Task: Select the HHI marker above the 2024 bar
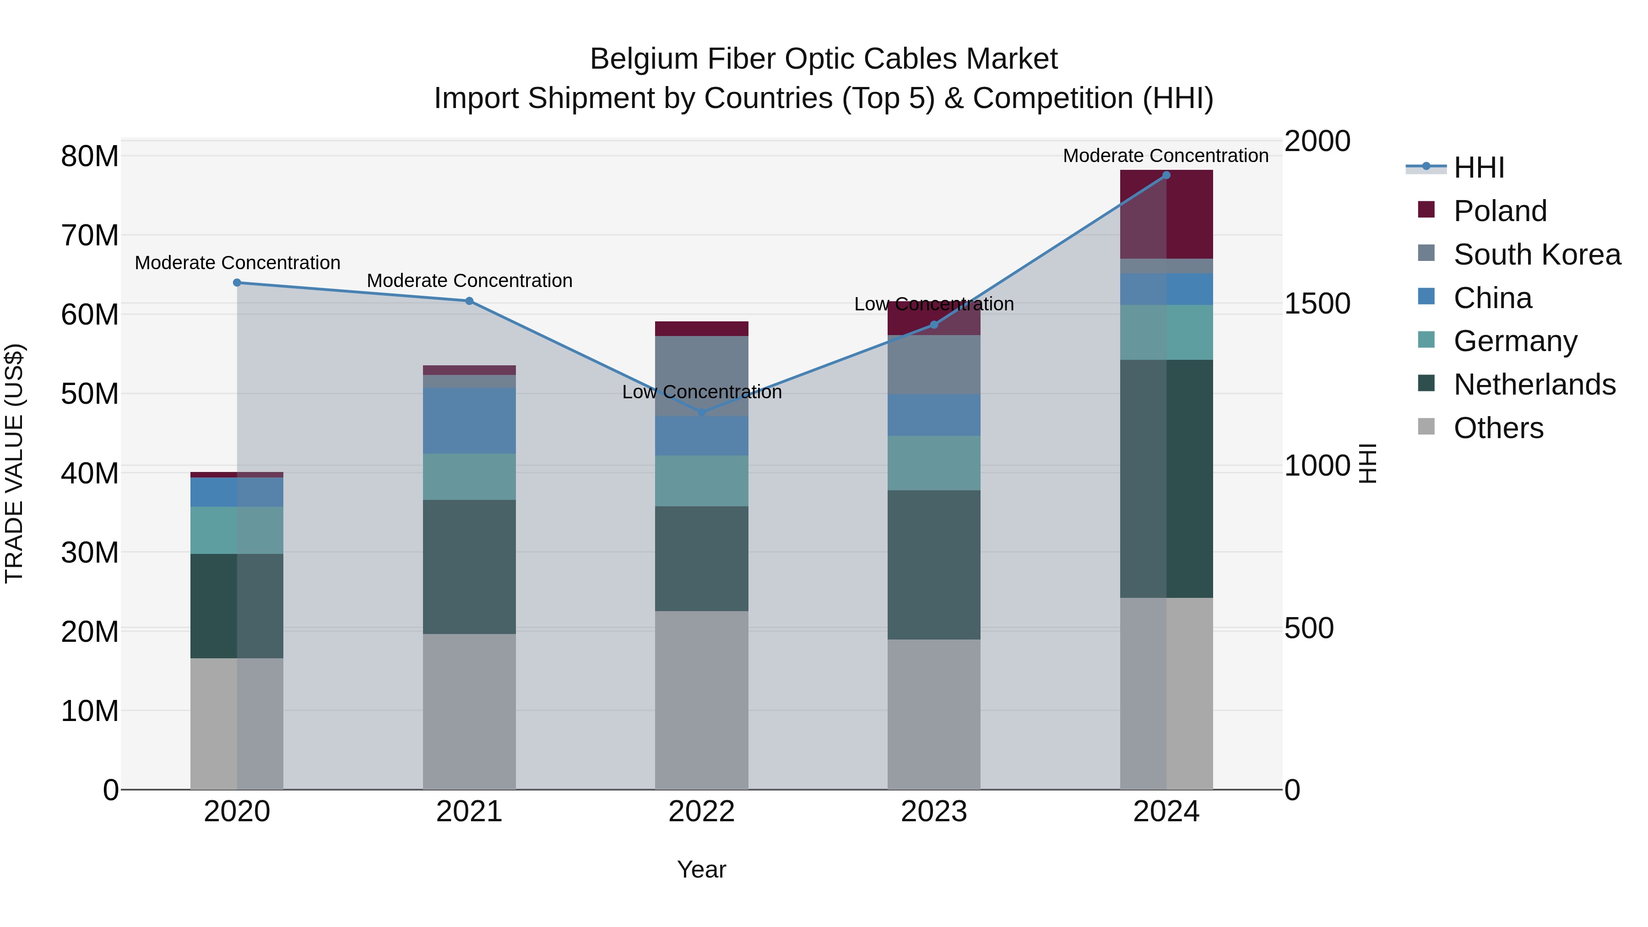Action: pos(1166,175)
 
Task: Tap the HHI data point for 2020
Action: pos(237,283)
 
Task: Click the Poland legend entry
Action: pos(1500,211)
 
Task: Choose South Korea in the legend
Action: pos(1537,255)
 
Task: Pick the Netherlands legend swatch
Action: pos(1426,384)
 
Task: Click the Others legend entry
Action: pos(1498,428)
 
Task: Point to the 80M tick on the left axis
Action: pos(90,157)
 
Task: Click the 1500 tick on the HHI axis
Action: pos(1317,304)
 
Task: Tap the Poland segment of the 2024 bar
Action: pos(1166,214)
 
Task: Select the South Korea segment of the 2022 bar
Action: pos(702,376)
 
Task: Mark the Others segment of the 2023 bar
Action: pos(933,714)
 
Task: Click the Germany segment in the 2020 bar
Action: pos(237,531)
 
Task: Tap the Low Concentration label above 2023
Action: pos(933,304)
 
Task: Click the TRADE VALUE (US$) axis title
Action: pos(15,464)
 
